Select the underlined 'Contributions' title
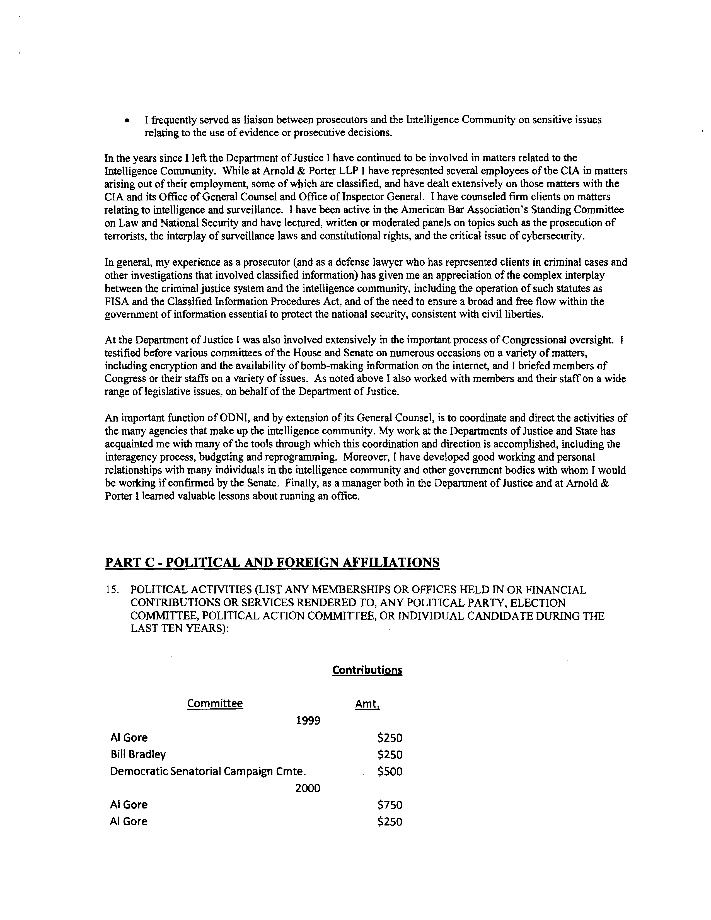tap(367, 670)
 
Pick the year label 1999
tap(308, 721)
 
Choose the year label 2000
tap(308, 788)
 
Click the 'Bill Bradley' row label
tap(138, 754)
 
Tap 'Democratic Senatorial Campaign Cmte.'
tap(208, 771)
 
